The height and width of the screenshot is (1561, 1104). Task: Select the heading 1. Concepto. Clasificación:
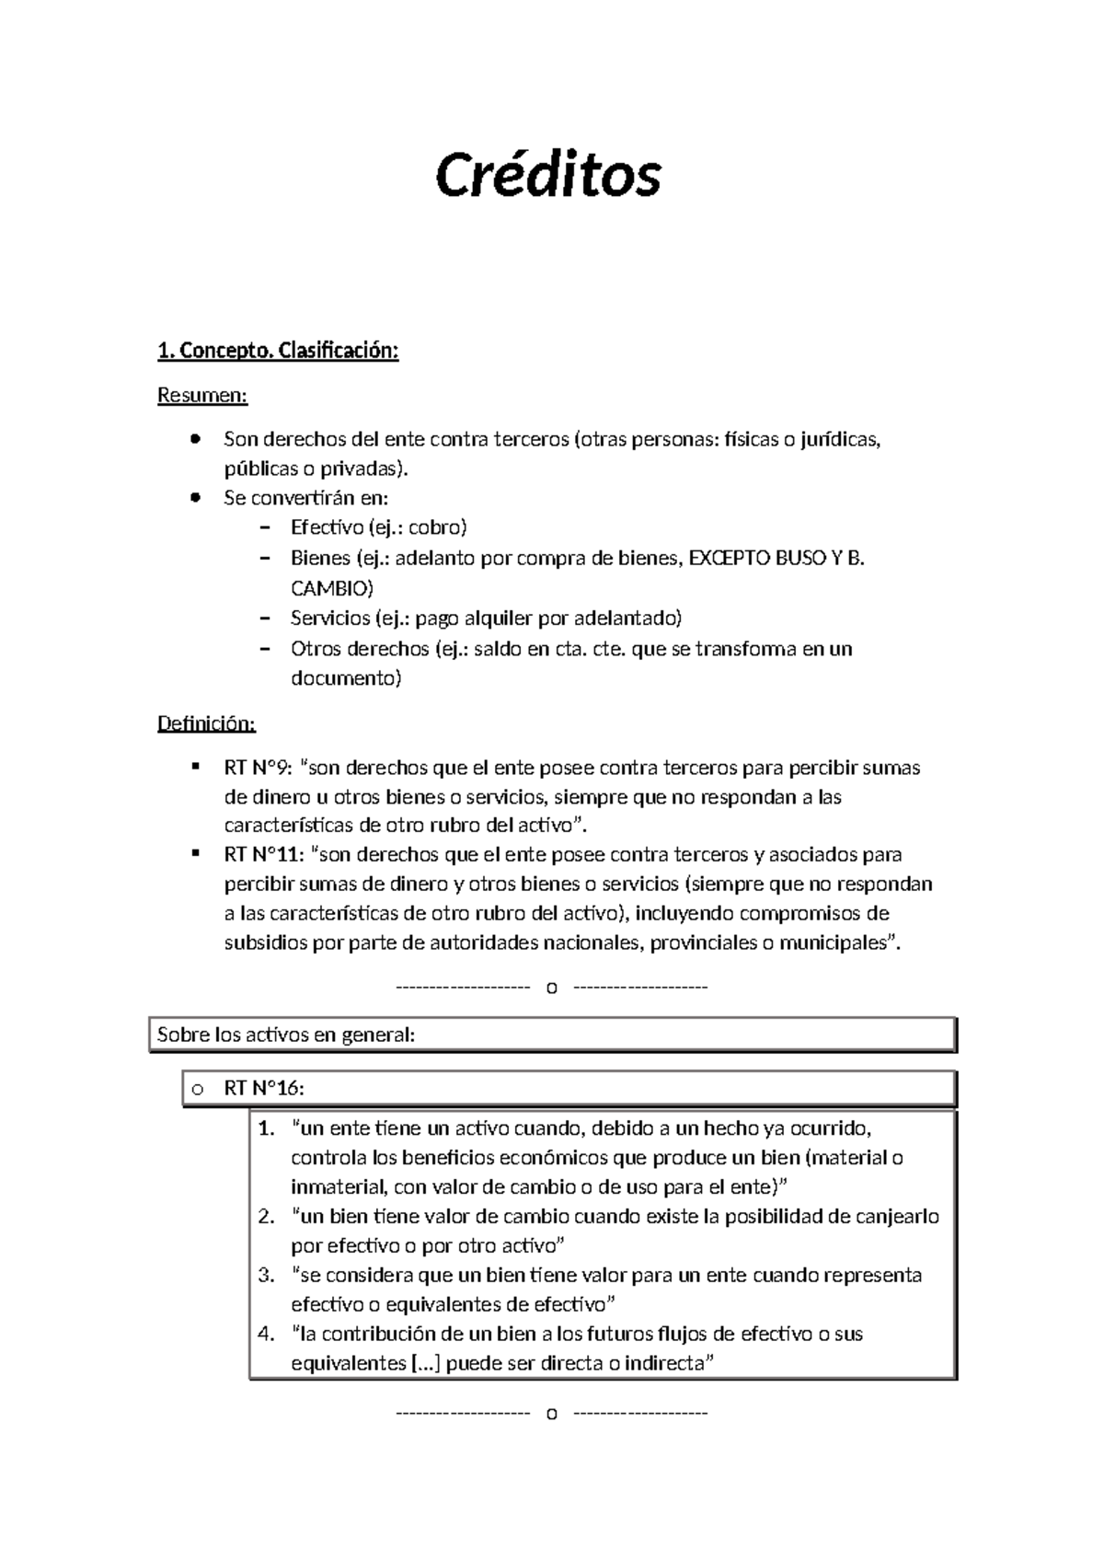[278, 351]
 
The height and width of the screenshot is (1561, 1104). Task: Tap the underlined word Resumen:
[202, 396]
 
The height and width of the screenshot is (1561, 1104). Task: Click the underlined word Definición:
[206, 723]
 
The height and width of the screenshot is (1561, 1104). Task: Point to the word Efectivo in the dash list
[327, 528]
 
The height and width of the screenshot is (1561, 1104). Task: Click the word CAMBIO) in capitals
[332, 588]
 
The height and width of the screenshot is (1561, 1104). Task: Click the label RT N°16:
[263, 1089]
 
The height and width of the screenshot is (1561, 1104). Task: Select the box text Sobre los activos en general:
[286, 1035]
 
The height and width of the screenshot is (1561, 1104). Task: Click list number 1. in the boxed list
[267, 1128]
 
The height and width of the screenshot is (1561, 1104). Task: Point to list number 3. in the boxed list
[267, 1276]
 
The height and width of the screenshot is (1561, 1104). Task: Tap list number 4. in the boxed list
[267, 1334]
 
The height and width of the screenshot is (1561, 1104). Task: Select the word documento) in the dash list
[346, 678]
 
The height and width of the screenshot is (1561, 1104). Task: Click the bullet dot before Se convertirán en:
[194, 498]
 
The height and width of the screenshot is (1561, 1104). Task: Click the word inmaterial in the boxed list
[333, 1187]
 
